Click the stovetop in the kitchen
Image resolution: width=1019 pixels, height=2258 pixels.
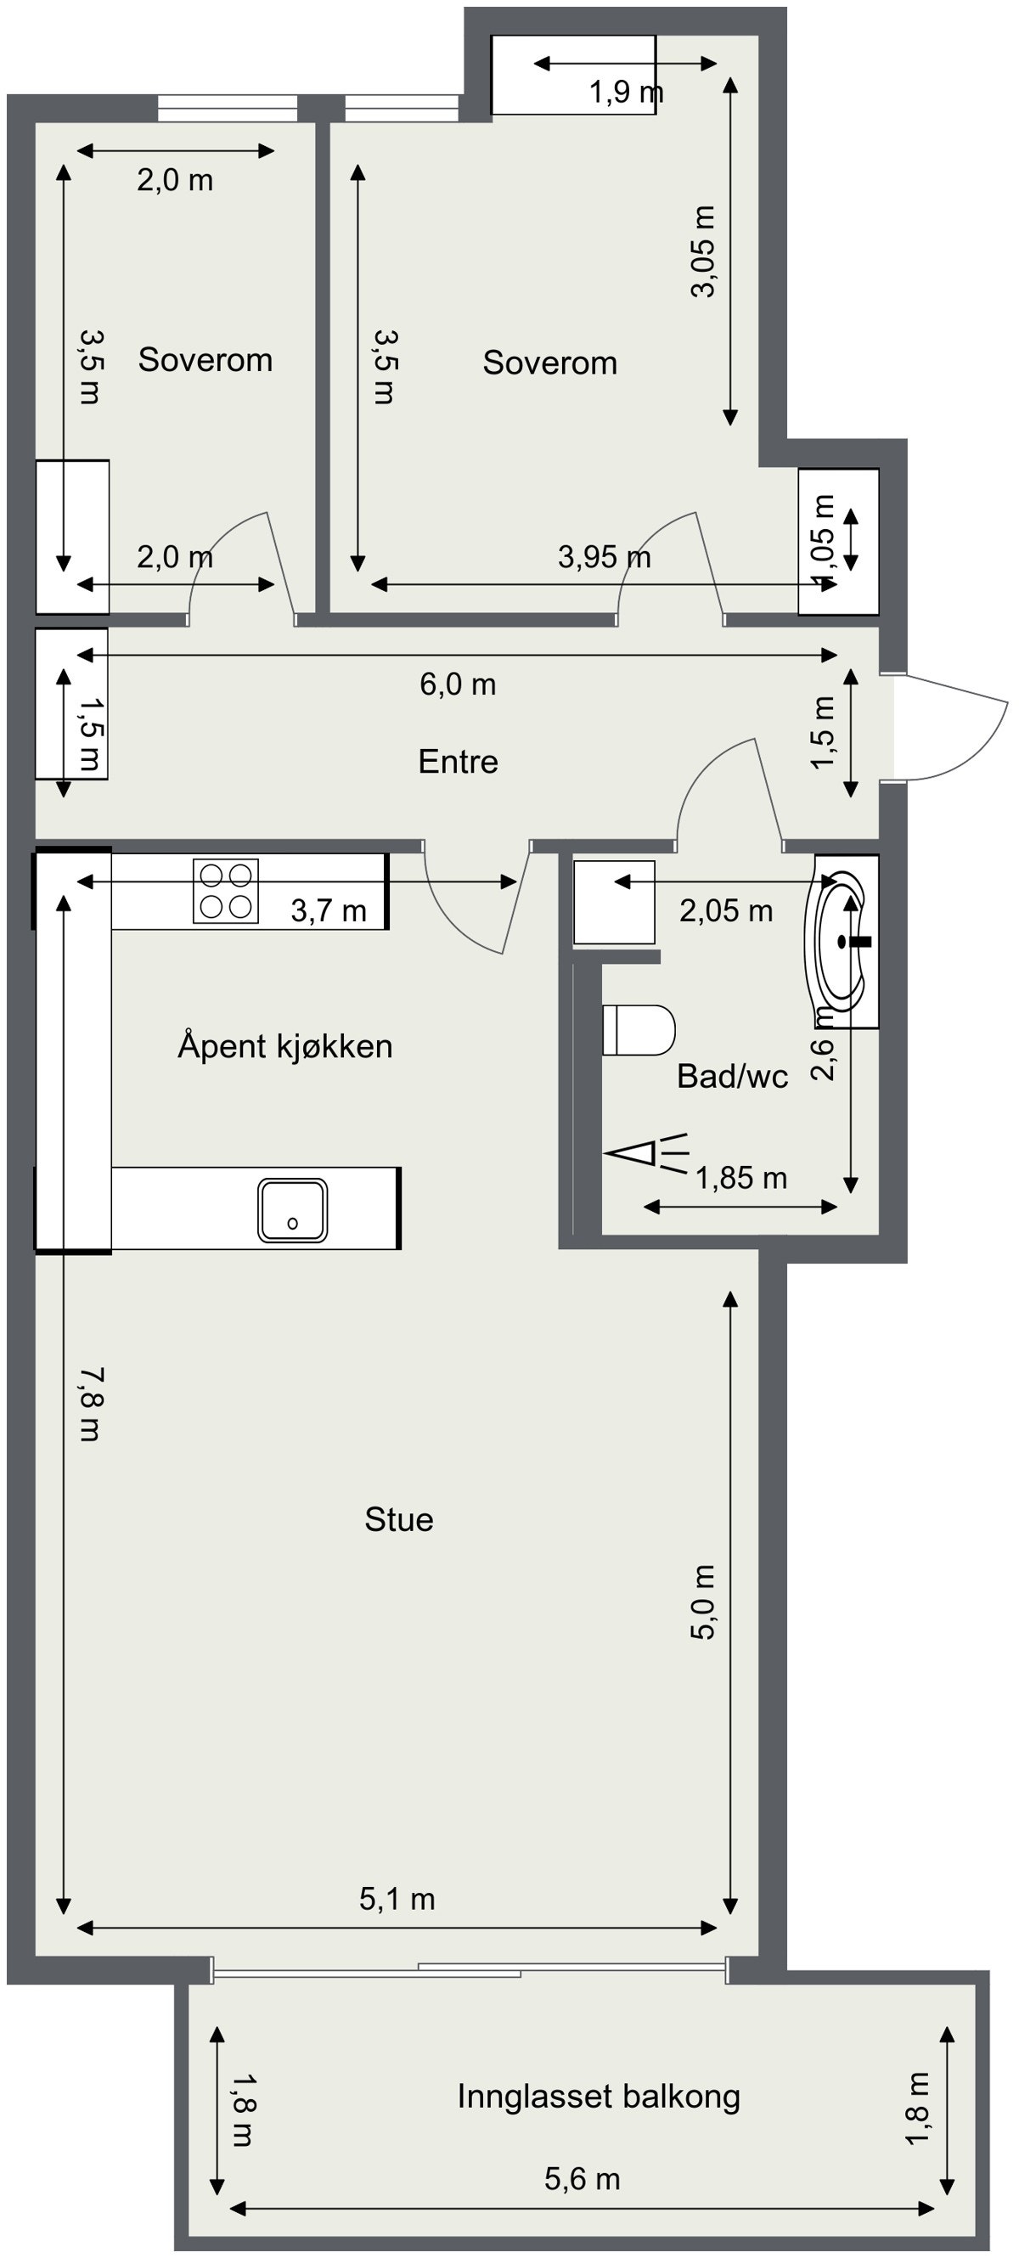[x=225, y=891]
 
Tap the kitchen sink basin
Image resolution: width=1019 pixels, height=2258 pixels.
[x=293, y=1209]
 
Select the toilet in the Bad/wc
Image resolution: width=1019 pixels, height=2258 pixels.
[x=639, y=1030]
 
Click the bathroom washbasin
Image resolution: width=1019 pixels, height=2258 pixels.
[x=842, y=943]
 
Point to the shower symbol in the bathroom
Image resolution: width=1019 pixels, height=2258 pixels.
[x=646, y=1153]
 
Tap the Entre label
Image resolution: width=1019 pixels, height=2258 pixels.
[x=458, y=762]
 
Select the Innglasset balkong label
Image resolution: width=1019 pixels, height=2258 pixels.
[x=599, y=2097]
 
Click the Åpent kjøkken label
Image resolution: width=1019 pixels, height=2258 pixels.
[x=284, y=1045]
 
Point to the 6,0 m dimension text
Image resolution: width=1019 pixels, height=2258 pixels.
[x=458, y=684]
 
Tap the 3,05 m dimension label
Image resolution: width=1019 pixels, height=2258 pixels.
[x=704, y=251]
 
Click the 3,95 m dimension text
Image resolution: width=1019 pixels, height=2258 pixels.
[x=604, y=556]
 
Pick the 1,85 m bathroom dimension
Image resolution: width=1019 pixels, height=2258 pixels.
[x=741, y=1178]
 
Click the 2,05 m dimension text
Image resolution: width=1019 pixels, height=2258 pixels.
[x=725, y=910]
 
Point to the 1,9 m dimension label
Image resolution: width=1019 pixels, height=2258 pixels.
[x=625, y=91]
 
